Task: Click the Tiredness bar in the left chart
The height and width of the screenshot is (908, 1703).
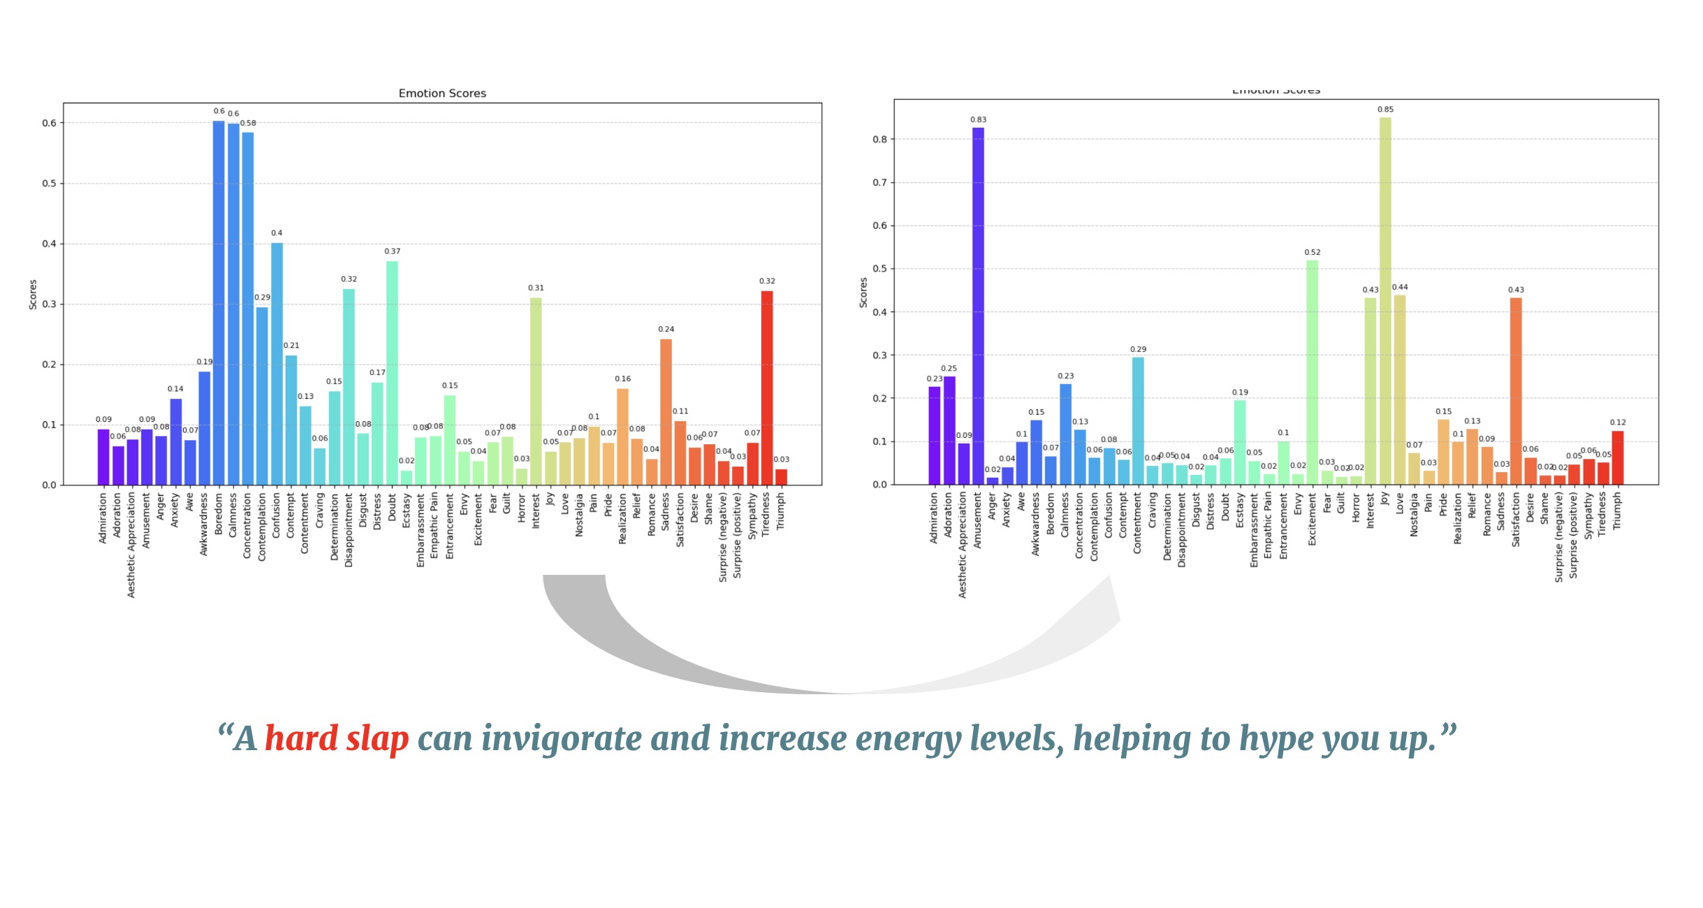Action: pos(766,388)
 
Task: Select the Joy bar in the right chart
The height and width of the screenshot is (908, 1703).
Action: pos(1385,300)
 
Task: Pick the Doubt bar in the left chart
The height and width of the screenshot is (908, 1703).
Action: pos(392,373)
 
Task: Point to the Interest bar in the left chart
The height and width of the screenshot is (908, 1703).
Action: pos(536,391)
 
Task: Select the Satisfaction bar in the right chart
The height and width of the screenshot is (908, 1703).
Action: pos(1516,391)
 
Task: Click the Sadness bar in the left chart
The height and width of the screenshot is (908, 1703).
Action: pos(666,412)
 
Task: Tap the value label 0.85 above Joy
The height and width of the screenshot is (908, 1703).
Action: pos(1385,110)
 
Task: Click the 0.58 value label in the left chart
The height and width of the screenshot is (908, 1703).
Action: pos(249,124)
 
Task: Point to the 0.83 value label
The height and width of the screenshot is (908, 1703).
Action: pos(978,120)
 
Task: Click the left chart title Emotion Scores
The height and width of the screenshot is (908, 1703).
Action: pos(442,94)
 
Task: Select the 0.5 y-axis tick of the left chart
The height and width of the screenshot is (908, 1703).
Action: pos(49,184)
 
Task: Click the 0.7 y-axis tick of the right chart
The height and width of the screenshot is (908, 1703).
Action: pos(879,183)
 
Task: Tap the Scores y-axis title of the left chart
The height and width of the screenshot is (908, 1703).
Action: pos(33,294)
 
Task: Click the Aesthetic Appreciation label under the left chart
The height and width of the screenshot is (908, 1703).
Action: pos(131,545)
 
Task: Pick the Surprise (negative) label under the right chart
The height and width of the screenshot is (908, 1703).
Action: pos(1558,536)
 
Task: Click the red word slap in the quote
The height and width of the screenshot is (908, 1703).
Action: pos(377,739)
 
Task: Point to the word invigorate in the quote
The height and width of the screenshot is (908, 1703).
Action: pos(562,739)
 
